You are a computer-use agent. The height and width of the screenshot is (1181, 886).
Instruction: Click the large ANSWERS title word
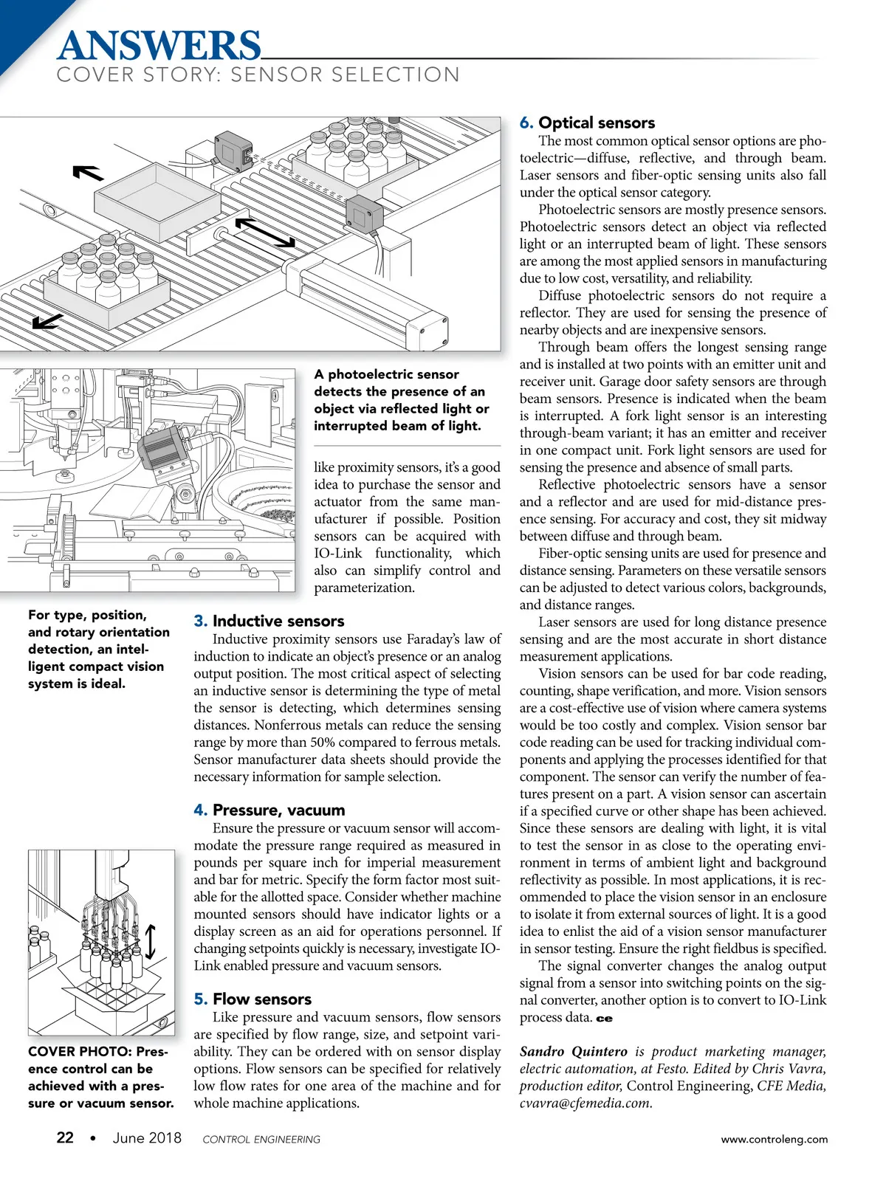point(159,46)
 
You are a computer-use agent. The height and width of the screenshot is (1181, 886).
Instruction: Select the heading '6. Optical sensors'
point(587,123)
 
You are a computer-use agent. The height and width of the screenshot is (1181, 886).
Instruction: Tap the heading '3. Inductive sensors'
point(269,621)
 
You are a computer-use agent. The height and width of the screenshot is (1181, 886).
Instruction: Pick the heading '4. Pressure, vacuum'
point(269,810)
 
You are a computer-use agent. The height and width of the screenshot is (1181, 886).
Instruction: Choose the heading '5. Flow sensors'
point(253,999)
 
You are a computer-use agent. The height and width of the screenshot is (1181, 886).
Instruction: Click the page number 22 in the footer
point(65,1137)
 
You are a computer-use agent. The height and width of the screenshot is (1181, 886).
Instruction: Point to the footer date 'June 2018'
point(147,1137)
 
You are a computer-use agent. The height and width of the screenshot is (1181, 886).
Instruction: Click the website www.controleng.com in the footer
point(774,1139)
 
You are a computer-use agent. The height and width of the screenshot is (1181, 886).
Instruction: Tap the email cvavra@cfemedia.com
point(585,1103)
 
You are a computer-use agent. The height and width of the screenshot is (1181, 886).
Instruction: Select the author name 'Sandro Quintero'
point(573,1051)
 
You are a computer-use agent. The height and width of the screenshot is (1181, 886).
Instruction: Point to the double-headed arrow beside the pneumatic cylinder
point(265,232)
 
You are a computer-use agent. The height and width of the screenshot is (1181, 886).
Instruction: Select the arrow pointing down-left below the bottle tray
point(47,320)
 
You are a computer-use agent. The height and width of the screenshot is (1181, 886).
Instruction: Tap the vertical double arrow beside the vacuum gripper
point(151,941)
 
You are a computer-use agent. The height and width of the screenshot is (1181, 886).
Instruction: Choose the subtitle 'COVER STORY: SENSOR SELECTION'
point(258,75)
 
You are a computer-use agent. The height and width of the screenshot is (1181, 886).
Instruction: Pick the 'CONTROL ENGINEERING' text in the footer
point(261,1139)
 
